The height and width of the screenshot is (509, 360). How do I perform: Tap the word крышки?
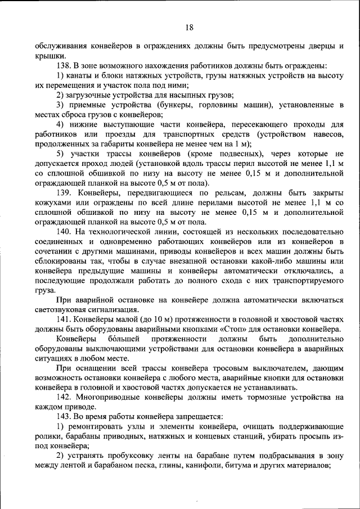pos(47,56)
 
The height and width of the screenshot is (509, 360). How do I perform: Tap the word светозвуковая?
pos(64,309)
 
